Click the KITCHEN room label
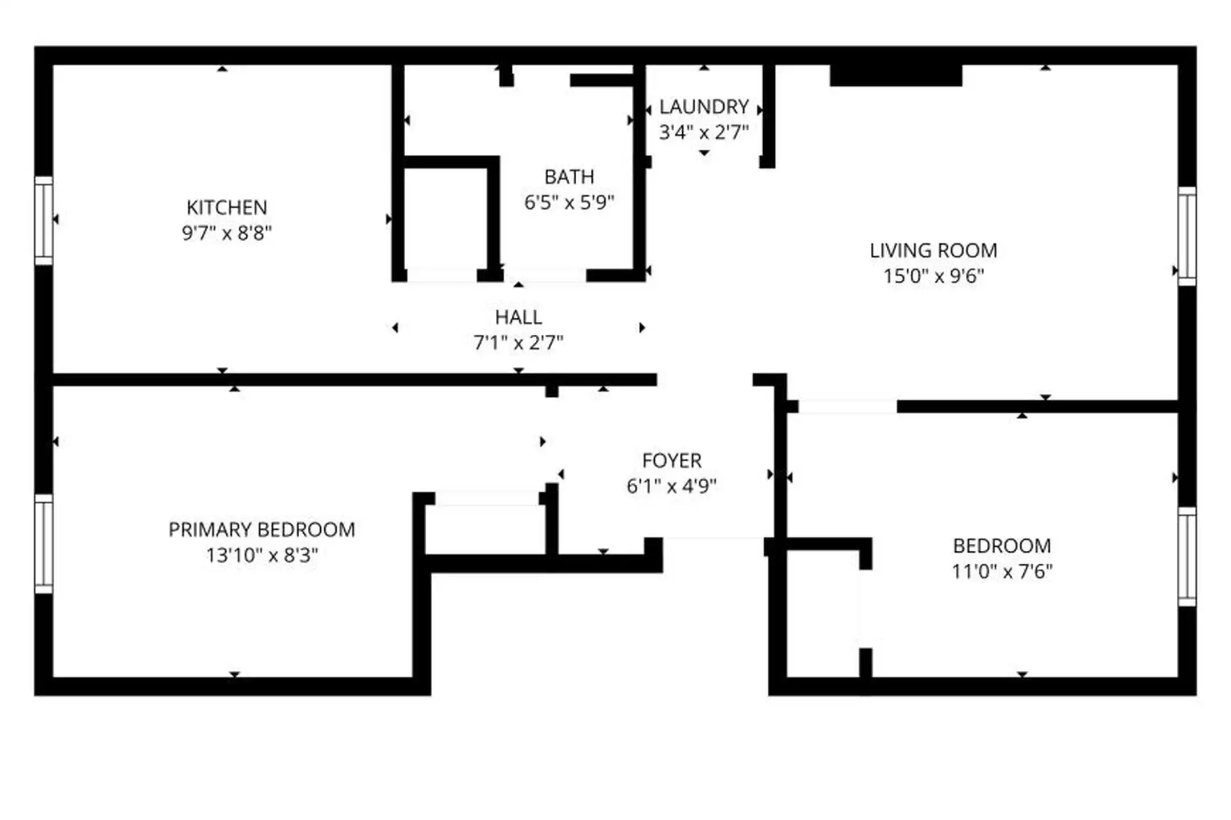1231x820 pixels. click(x=227, y=207)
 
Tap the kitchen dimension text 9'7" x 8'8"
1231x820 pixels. click(x=227, y=233)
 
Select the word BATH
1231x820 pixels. click(x=569, y=177)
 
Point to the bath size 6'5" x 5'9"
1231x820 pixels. click(x=569, y=202)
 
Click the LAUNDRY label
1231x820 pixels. click(x=704, y=107)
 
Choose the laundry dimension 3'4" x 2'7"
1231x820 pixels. click(x=704, y=132)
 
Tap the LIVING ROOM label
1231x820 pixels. click(x=934, y=251)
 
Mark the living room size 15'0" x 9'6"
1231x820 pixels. click(x=934, y=276)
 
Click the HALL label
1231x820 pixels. click(x=519, y=317)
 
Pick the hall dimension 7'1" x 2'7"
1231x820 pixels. click(x=519, y=343)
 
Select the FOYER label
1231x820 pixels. click(x=672, y=461)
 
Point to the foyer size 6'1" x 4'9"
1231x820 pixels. click(x=672, y=486)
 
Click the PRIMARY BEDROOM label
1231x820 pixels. click(x=262, y=530)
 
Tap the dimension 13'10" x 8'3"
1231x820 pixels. click(x=262, y=555)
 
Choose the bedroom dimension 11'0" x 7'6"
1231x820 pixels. click(x=1002, y=571)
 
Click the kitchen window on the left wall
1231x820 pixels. click(x=44, y=220)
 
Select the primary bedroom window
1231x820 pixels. click(x=44, y=544)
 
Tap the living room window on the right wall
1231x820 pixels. click(x=1187, y=236)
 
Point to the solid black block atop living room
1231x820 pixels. click(x=896, y=75)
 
